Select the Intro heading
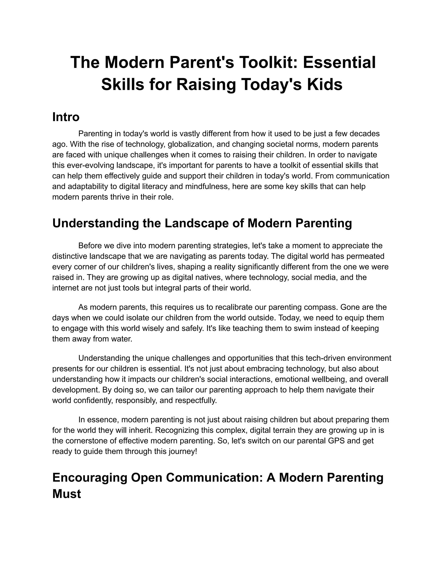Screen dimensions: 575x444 point(66,117)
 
